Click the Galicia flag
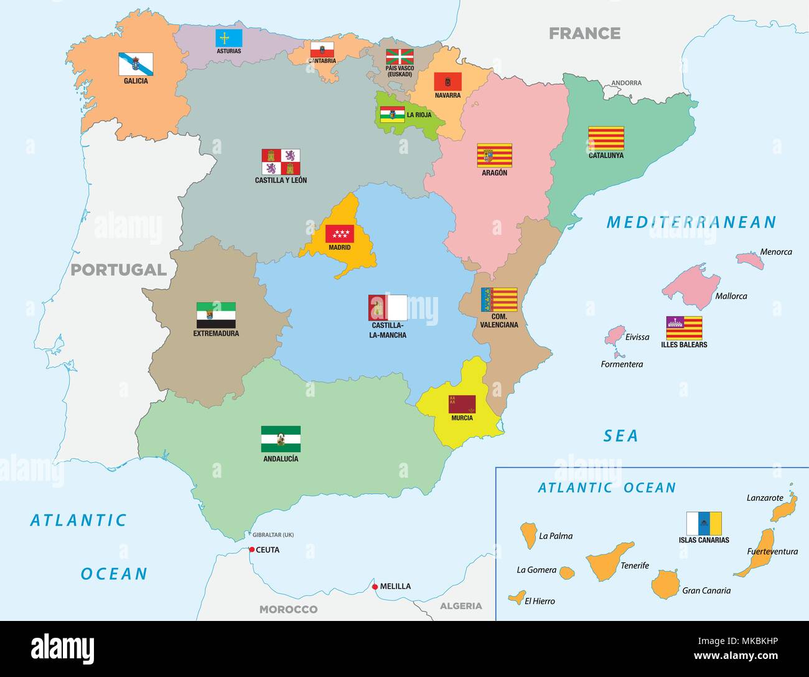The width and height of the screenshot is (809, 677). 136,64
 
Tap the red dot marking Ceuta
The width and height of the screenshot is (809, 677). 251,549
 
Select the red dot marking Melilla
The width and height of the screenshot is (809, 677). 375,587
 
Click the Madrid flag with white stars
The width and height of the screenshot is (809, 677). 340,234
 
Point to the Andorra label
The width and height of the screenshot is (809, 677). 626,83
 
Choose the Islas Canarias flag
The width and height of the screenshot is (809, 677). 704,524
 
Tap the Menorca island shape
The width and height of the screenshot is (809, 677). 750,260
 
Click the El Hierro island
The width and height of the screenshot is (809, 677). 515,599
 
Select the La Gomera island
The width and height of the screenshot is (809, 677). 566,572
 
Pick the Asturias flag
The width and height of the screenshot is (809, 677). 229,38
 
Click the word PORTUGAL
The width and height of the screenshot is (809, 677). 118,270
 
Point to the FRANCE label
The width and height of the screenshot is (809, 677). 584,33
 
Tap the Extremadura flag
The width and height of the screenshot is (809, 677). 216,315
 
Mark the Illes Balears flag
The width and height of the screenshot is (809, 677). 684,328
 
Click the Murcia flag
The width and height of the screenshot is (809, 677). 462,404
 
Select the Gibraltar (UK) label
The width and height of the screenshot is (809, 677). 273,535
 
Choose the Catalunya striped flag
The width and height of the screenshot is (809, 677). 606,138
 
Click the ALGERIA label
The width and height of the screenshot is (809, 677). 461,606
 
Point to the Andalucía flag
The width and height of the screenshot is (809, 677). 281,439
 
